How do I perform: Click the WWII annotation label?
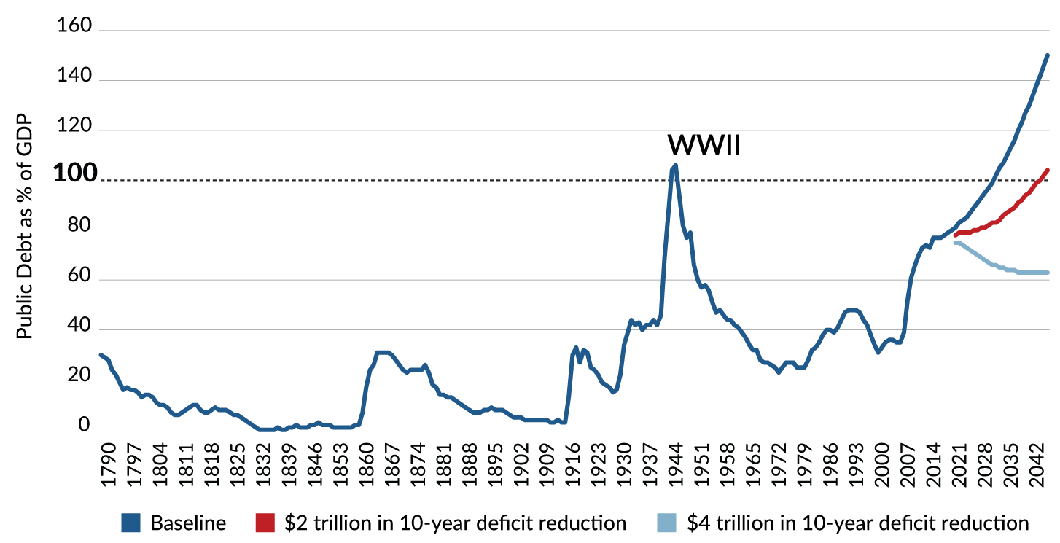704,146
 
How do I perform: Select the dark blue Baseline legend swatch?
131,523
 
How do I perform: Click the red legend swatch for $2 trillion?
265,523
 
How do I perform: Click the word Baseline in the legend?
188,523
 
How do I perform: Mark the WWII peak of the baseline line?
675,165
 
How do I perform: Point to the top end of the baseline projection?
1047,55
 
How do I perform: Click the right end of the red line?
1047,170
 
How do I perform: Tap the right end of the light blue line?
1047,273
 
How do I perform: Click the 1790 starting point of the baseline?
101,354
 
